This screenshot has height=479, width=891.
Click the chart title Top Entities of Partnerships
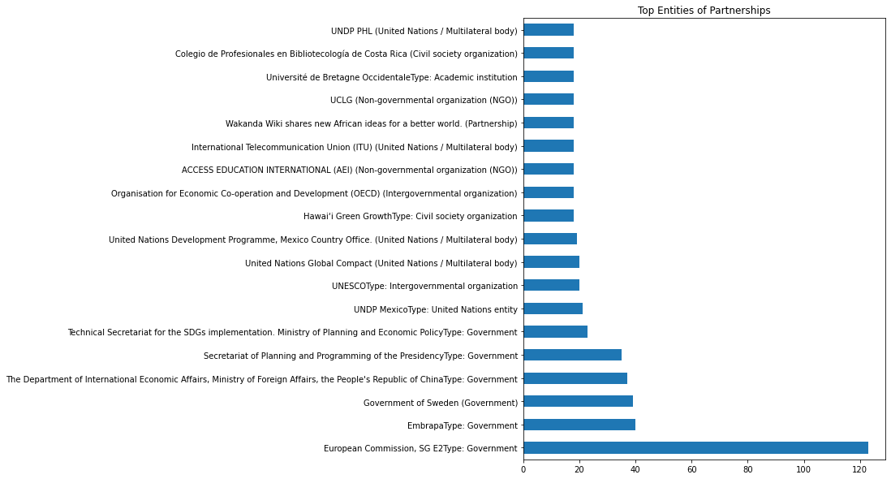coord(704,11)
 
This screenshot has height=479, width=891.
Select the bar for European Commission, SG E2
coord(695,448)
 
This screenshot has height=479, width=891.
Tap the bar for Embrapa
coord(579,425)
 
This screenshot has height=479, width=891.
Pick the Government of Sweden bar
coord(578,402)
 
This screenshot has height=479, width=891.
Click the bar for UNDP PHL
coord(549,30)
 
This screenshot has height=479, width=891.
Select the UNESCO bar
coord(551,286)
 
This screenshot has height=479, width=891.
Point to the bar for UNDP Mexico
coord(553,309)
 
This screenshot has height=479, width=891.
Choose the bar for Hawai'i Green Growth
coord(549,216)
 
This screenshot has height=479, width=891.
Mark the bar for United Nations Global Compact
coord(551,262)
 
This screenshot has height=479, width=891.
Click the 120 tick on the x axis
coord(859,469)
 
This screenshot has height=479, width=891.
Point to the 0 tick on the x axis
coord(523,469)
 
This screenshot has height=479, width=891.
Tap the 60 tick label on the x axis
coord(691,469)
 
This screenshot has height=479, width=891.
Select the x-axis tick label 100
coord(803,469)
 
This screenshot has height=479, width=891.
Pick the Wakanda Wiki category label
coord(372,123)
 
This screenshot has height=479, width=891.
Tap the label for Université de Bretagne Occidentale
coord(392,77)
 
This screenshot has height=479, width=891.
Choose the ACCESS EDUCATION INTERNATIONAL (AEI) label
coord(350,170)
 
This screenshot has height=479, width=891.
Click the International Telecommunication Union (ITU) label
coord(355,147)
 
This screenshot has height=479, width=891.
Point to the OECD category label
coord(314,193)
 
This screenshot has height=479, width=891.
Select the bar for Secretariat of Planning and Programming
coord(572,355)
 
